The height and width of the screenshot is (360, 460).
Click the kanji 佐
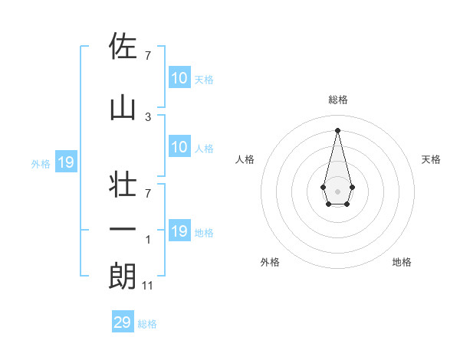[x=122, y=46]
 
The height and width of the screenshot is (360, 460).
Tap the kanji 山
[x=122, y=108]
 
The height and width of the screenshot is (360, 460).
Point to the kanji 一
[x=122, y=230]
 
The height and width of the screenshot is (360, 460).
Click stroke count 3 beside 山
[x=148, y=116]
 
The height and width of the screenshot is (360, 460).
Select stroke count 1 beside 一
[x=148, y=240]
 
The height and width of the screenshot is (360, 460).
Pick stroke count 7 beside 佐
[x=148, y=55]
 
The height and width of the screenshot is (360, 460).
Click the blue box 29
[x=123, y=322]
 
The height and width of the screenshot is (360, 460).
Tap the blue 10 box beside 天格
[x=179, y=78]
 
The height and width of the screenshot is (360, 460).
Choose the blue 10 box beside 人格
[x=179, y=147]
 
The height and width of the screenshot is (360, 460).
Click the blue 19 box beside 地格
[x=179, y=231]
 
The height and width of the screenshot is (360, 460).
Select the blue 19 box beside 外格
[x=66, y=162]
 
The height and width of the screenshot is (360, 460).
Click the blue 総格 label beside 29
[x=147, y=324]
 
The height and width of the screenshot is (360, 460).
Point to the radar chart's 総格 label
[x=337, y=100]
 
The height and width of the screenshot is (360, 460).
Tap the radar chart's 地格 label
[x=402, y=262]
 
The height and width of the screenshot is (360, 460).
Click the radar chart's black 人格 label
[x=245, y=159]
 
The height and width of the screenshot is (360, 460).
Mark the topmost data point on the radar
[x=337, y=129]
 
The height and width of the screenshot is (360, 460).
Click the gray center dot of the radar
[x=337, y=190]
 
